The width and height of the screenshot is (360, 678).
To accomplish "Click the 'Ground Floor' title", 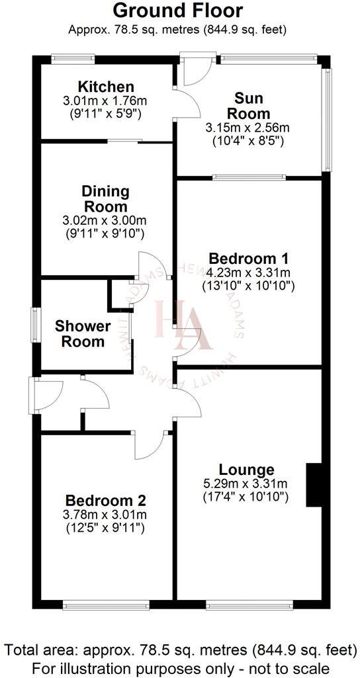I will (x=178, y=11).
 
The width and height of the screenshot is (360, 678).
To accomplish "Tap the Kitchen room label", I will (x=106, y=87).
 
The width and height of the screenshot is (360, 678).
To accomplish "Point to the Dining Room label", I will (x=105, y=198).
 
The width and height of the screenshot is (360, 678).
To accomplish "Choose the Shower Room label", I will (x=83, y=333).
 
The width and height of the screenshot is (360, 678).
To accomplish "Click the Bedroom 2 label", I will (x=105, y=501).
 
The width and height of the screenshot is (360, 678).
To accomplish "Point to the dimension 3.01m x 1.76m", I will (x=106, y=101).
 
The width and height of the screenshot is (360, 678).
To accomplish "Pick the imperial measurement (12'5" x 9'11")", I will (x=106, y=528).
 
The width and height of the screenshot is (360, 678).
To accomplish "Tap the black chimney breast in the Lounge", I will (x=313, y=485).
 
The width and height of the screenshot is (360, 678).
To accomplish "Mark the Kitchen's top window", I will (x=73, y=58).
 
